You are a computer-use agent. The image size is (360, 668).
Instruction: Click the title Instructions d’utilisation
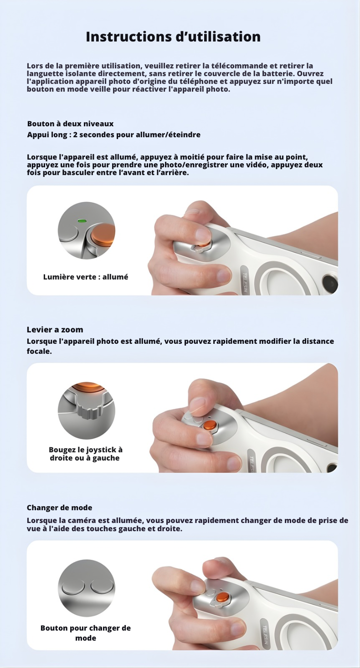point(173,36)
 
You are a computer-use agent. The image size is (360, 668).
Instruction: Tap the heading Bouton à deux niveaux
point(70,124)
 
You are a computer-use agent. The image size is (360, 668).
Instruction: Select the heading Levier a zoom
point(55,330)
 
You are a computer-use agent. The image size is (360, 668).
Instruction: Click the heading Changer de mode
point(59,507)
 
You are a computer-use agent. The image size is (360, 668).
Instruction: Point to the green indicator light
point(82,221)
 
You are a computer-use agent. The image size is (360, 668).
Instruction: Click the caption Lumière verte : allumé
point(86,277)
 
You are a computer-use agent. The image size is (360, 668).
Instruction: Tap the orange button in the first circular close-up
point(103,233)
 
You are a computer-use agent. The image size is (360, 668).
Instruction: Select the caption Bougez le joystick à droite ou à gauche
point(86,454)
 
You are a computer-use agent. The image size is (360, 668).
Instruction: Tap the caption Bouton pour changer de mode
point(86,633)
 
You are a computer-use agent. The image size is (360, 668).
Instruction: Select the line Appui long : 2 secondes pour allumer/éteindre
point(113,135)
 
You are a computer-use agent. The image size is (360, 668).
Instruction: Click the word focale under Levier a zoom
point(39,351)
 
